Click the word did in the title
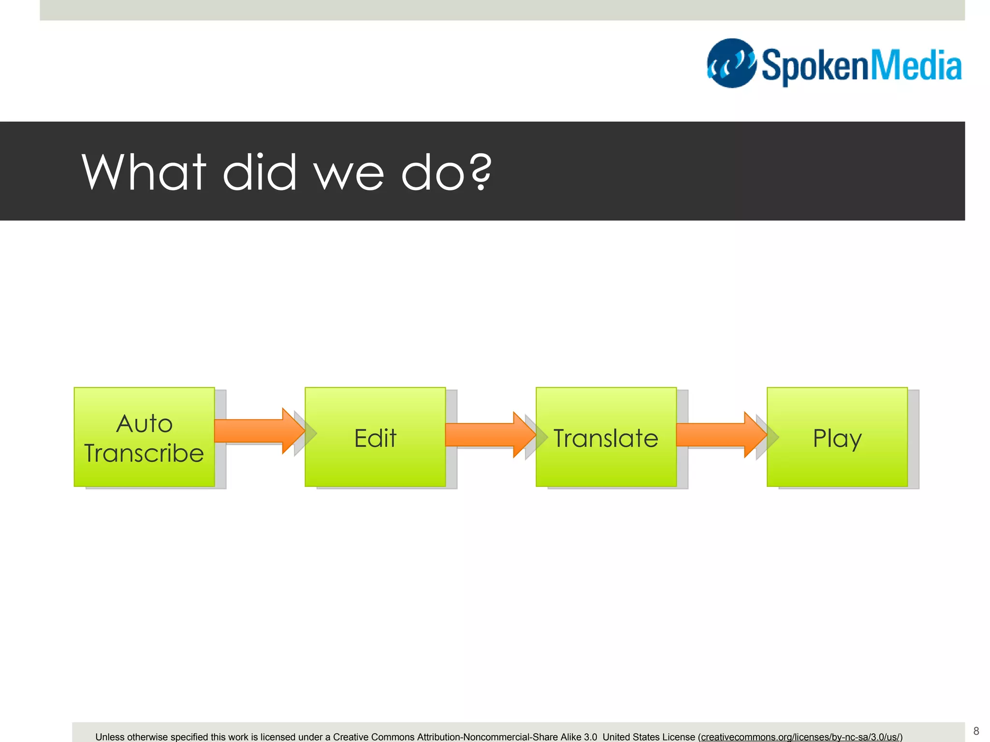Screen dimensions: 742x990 pos(259,172)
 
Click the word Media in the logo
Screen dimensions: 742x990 pos(916,66)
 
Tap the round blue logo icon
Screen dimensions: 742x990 pos(731,63)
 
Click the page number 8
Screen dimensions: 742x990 pos(976,731)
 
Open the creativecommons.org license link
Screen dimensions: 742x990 pos(801,737)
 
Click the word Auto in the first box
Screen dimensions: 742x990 pos(144,424)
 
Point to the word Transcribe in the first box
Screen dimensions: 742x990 pos(144,453)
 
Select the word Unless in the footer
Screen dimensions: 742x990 pos(110,737)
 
